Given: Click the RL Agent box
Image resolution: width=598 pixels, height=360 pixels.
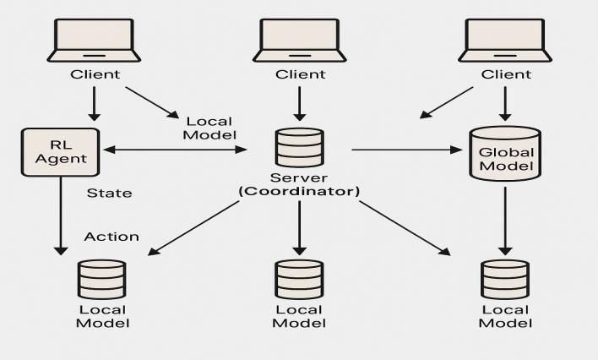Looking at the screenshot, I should [57, 151].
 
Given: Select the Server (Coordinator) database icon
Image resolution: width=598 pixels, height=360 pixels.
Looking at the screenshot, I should [299, 148].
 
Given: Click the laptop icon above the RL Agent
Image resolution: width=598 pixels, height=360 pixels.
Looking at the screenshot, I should [95, 39].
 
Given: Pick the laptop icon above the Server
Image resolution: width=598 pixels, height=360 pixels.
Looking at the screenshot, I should [299, 39].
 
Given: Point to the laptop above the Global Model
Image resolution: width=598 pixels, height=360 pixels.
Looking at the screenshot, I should [505, 39].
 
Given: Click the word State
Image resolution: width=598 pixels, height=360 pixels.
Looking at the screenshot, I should [110, 193].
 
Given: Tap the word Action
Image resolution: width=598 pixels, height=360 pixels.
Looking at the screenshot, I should [111, 237].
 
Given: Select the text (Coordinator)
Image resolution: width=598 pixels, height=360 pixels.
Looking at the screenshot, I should [299, 192].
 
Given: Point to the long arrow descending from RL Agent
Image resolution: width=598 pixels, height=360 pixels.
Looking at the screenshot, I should [60, 215].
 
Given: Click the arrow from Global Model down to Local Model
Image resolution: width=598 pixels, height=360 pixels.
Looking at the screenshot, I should [505, 220].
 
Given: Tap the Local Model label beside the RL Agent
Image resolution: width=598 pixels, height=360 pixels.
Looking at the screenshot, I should [209, 128].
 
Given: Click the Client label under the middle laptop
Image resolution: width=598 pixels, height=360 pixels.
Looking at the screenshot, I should [299, 74].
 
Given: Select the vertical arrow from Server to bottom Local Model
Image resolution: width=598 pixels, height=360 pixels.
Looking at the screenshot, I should [299, 228].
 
